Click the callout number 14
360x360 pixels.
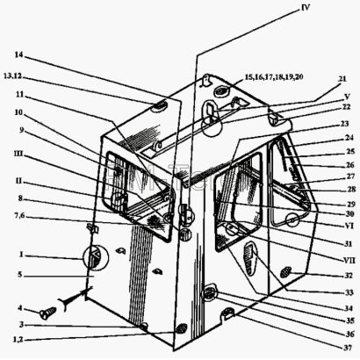coord(18,54)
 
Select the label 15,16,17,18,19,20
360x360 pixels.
coord(274,77)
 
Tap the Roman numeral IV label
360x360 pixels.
coord(305,7)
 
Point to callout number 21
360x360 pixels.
coord(342,79)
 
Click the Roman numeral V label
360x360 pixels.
coord(347,97)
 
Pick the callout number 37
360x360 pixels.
coord(348,348)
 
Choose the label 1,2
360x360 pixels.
coord(18,340)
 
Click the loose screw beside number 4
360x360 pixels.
coord(48,313)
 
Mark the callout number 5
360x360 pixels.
coord(20,275)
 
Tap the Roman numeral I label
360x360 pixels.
coord(21,255)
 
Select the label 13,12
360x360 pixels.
coord(13,76)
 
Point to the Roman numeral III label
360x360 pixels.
coord(18,154)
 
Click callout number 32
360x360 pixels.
coord(349,276)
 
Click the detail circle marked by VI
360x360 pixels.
coord(292,220)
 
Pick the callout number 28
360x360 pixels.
coord(350,189)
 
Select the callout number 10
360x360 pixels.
coord(18,112)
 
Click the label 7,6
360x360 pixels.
coord(19,216)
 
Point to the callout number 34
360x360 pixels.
coord(349,308)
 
